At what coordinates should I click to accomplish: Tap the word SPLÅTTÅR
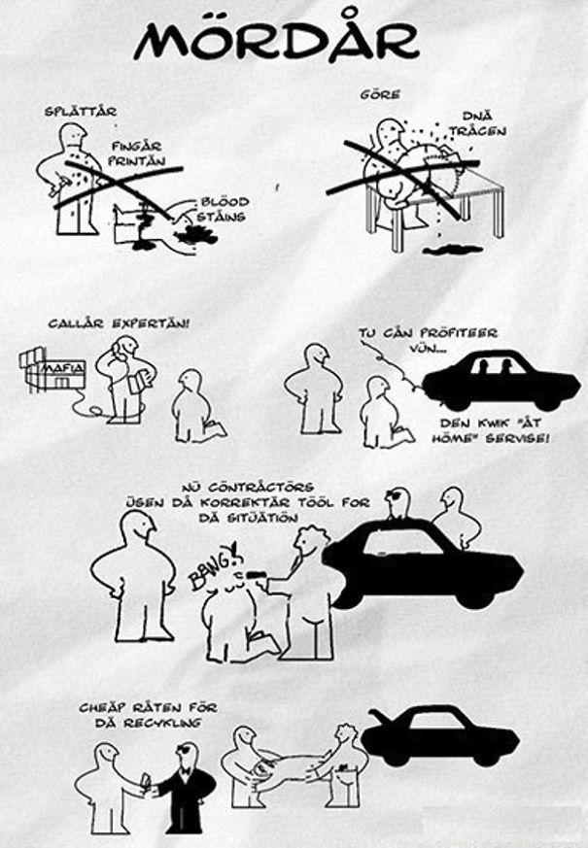click(x=81, y=112)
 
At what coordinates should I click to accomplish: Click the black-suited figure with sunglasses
click(x=183, y=789)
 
